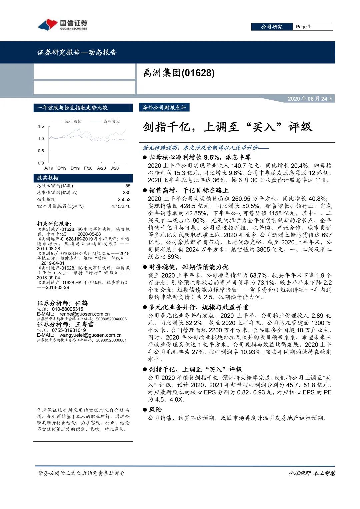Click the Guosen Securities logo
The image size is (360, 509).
coord(62,25)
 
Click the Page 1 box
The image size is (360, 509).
coord(312,27)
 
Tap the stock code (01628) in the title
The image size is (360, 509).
coord(198,73)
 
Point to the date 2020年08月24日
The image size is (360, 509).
coord(310,99)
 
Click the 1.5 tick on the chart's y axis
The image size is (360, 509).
coord(41,126)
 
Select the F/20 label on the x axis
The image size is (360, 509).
coord(88,168)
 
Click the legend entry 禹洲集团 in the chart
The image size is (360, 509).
coord(111,121)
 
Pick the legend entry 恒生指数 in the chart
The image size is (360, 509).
coord(73,121)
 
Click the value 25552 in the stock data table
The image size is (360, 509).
coord(124,199)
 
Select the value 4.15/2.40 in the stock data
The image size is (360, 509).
coord(121,206)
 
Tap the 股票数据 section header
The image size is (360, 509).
coord(48,178)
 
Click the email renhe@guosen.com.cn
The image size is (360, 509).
coord(85,314)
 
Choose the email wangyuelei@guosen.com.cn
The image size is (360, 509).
coord(91,335)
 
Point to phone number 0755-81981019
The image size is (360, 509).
coord(69,330)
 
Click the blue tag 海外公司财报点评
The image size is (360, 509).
coord(164,107)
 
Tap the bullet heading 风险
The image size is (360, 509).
coord(155,409)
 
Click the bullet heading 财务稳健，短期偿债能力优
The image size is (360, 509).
coord(188,267)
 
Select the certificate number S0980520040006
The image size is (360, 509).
coord(111,319)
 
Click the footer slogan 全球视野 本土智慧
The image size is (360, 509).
coord(311,473)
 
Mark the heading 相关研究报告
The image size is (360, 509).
coord(54,223)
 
